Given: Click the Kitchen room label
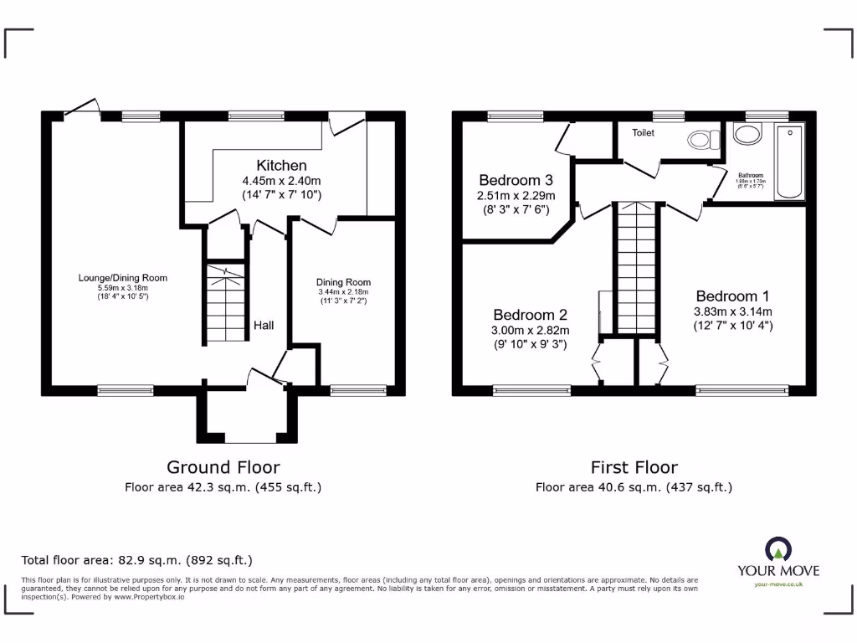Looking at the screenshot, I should coord(281,165).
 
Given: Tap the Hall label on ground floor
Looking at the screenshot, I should coord(264,325).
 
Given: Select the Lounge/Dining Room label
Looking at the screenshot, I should coord(123,278).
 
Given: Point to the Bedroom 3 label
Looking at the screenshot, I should coord(516,180).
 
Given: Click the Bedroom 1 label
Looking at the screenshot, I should coord(732,296).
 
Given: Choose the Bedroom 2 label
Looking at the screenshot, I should coord(530,315).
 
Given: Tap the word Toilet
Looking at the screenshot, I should coord(643,132).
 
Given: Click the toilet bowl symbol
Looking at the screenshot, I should coord(699,139).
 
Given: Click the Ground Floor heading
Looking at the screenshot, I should coord(223,467).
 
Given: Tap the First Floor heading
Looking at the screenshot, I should coord(634,467).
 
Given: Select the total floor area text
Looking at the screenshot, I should coord(136,560).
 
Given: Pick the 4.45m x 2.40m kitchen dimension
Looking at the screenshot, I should coord(281,180).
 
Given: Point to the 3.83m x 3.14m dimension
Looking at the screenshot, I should coord(732,311).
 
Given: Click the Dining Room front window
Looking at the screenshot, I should coord(358,389).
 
